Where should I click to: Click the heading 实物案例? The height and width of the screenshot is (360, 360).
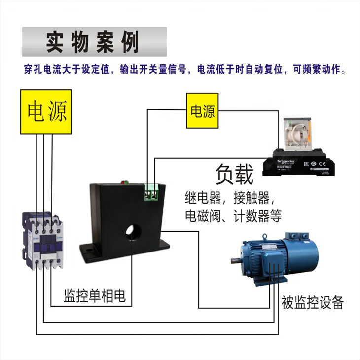[x=94, y=42]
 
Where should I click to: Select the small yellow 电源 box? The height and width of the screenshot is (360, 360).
[x=203, y=111]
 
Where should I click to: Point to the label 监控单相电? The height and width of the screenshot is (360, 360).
[x=95, y=296]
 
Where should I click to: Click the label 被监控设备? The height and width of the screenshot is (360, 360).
[x=312, y=302]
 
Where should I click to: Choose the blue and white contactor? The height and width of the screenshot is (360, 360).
[x=43, y=240]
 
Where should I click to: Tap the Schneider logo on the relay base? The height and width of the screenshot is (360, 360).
[x=286, y=161]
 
